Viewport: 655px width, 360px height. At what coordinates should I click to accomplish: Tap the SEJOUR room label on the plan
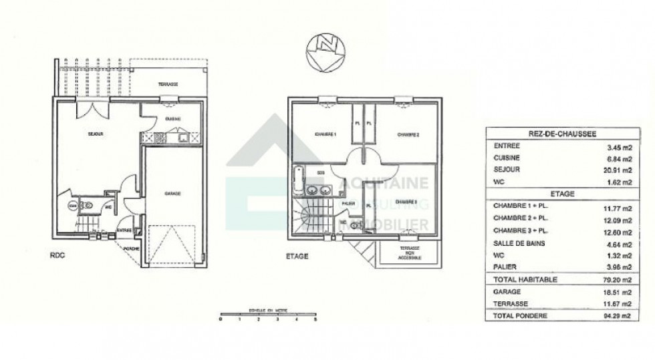95,134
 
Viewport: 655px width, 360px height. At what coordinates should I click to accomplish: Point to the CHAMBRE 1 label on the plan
325,134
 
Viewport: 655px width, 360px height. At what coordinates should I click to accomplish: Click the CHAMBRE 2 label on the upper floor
408,134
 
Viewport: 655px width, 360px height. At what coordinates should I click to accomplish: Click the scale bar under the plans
268,315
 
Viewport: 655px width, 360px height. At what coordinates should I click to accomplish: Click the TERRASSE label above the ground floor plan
168,85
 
